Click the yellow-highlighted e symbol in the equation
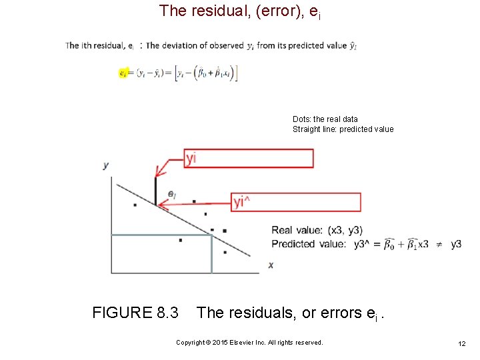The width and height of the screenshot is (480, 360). pos(123,73)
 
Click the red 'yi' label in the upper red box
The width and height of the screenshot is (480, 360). pos(191,158)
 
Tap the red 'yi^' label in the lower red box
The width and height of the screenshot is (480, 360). pos(241,203)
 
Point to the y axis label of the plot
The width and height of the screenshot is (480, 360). pos(105,165)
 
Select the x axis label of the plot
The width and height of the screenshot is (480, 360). pos(271,265)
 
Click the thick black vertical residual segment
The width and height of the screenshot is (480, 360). pos(155,191)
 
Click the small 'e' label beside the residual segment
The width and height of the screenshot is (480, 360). pos(171,194)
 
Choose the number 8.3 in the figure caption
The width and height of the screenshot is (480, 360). pos(167,313)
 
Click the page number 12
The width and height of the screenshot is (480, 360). pos(461,343)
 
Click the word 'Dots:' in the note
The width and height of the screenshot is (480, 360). pos(302,119)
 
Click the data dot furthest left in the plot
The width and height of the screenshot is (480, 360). pos(135,205)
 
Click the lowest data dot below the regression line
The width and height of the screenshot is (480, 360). pos(225,252)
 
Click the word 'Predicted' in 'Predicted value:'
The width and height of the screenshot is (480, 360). pos(293,244)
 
